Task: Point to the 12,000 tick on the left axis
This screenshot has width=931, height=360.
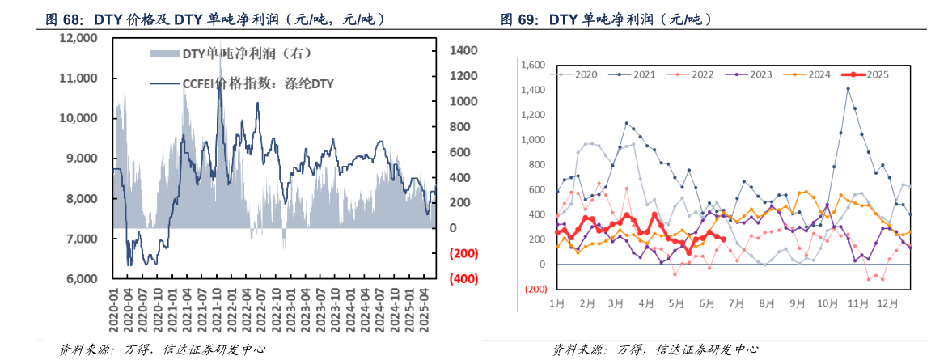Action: click(79, 38)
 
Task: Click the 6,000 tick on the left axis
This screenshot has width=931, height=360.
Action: click(83, 279)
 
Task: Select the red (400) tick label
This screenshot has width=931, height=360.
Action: click(463, 279)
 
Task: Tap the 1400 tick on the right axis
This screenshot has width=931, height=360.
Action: click(463, 50)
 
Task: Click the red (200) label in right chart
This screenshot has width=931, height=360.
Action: click(535, 289)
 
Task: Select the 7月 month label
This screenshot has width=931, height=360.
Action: click(738, 303)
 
